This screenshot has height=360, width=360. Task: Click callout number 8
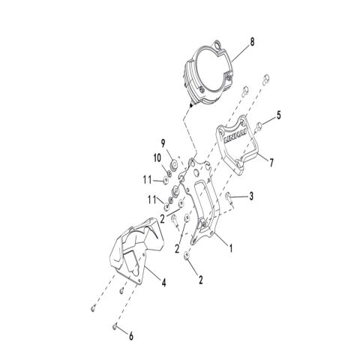[252, 43]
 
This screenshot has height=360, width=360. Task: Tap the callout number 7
[271, 162]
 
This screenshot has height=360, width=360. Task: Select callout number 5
[279, 116]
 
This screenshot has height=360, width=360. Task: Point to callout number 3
[252, 197]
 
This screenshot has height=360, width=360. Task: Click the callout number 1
[232, 245]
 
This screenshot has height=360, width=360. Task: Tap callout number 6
[132, 337]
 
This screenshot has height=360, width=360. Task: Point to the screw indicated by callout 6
[112, 326]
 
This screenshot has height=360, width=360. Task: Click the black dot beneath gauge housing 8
[192, 106]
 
